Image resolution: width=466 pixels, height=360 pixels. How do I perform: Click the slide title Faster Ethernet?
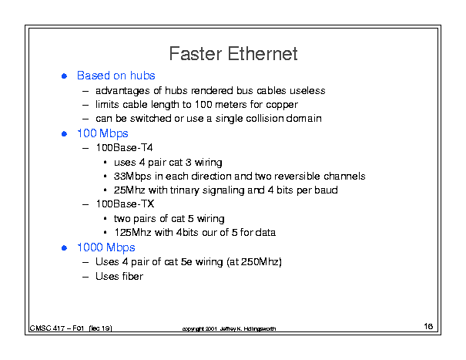(x=233, y=54)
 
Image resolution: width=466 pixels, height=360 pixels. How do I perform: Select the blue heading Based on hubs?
(x=116, y=76)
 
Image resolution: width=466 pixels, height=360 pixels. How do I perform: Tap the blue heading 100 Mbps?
(x=102, y=133)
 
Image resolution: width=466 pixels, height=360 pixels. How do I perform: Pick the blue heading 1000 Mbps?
(x=106, y=247)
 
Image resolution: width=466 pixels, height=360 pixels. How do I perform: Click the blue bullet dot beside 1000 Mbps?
(x=64, y=247)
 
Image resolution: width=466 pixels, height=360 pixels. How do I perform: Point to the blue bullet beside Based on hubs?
(x=64, y=76)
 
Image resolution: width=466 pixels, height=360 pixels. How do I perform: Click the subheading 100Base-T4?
(x=124, y=147)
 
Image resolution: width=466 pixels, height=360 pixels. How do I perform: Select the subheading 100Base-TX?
(x=125, y=204)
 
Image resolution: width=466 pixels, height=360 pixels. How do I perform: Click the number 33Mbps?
(x=132, y=177)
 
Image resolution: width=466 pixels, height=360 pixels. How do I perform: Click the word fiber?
(x=131, y=277)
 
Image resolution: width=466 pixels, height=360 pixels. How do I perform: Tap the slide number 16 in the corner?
(x=428, y=326)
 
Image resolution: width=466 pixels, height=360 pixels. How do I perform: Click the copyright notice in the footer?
(x=229, y=328)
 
